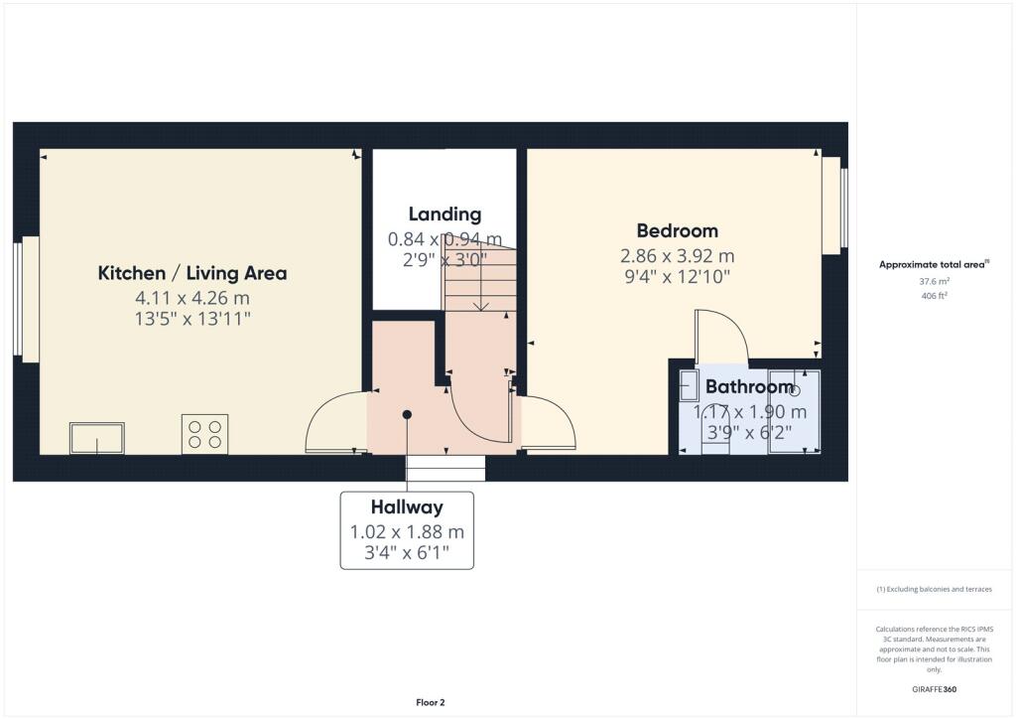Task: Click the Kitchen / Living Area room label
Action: point(191,273)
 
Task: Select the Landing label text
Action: point(444,214)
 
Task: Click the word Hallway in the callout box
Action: point(407,507)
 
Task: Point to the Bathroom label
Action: point(749,386)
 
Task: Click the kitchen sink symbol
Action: point(96,438)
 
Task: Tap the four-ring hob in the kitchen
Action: point(204,434)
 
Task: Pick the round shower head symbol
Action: point(794,391)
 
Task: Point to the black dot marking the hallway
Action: point(407,414)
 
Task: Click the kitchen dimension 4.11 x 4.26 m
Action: point(191,298)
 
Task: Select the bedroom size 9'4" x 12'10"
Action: point(678,277)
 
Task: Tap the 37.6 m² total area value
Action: point(934,281)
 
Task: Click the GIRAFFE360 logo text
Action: point(934,689)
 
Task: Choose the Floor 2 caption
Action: point(430,702)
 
